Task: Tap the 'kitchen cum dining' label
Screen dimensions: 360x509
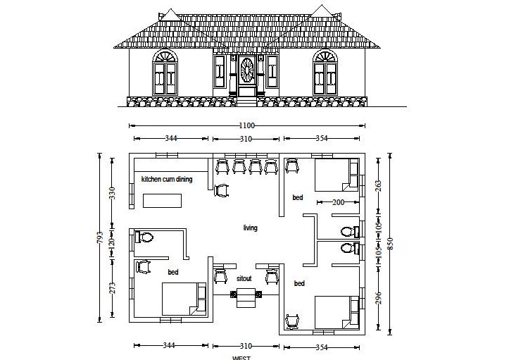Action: [167, 180]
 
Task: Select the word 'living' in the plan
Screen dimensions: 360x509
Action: [250, 228]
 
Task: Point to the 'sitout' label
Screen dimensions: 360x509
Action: [244, 278]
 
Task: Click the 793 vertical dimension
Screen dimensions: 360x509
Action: [101, 237]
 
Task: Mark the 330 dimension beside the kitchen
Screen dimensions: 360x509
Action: [112, 192]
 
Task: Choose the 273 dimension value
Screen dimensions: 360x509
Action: [112, 289]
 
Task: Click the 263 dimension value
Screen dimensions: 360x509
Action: [379, 186]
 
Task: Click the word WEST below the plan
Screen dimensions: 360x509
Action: [241, 357]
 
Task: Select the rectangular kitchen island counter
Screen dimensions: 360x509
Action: [162, 200]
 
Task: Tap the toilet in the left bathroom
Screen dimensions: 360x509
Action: [144, 237]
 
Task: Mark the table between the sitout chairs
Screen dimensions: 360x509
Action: [246, 295]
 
